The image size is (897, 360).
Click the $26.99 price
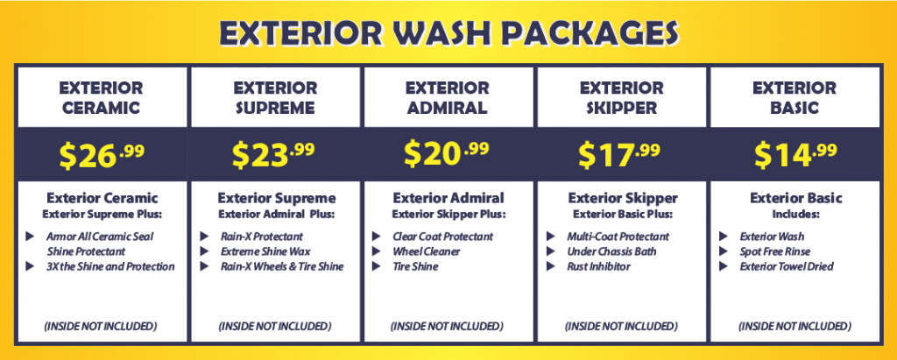coord(102,155)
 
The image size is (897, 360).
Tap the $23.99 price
coord(273,155)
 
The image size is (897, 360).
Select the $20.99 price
coord(447,153)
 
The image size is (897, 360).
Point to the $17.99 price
coord(619,155)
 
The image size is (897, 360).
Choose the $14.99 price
coord(795,154)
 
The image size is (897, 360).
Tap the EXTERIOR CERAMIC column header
coord(102,98)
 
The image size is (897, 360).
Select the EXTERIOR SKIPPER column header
coord(622,98)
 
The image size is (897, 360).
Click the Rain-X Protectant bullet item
coord(261,236)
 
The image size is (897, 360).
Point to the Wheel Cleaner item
coord(427,251)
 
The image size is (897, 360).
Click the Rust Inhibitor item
coord(598,266)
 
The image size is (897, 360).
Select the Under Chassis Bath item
coord(611,251)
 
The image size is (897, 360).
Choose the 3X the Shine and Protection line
coord(111,266)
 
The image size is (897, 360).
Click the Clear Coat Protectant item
coord(442,236)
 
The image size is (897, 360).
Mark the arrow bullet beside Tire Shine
coord(377,266)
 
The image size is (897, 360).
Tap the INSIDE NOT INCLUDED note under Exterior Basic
coord(795,326)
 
